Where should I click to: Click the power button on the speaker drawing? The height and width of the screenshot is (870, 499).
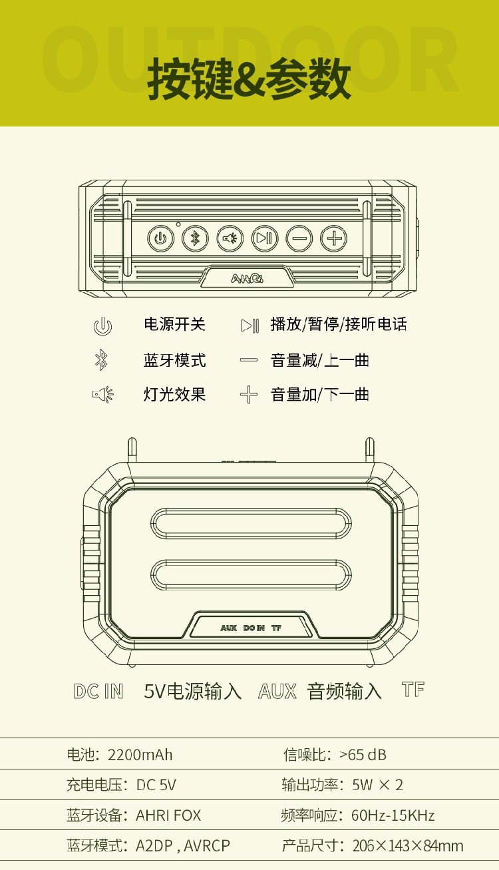[160, 238]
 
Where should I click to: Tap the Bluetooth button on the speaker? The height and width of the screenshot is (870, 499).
[195, 238]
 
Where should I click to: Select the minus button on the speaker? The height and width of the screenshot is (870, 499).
[299, 238]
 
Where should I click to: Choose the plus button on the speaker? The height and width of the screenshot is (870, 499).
[334, 238]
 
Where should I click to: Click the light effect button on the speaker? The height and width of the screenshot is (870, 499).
[230, 238]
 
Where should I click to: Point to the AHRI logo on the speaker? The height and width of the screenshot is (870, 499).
[247, 278]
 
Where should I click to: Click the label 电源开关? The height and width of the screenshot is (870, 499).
[175, 325]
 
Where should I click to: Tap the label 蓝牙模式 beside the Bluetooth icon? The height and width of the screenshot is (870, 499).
[175, 361]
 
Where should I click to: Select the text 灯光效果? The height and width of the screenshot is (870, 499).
[175, 395]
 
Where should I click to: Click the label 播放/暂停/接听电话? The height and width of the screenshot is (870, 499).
[338, 325]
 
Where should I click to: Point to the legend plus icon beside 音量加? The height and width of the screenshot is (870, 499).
[248, 395]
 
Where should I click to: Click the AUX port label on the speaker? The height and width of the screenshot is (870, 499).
[228, 628]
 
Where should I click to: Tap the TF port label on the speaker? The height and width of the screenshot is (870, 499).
[276, 628]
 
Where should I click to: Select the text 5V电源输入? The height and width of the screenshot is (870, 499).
[193, 692]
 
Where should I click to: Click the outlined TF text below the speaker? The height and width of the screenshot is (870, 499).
[413, 690]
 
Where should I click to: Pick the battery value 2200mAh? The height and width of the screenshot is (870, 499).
[140, 754]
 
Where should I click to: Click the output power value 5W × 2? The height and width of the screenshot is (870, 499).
[377, 785]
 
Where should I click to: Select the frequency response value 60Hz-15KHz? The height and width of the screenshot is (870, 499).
[393, 815]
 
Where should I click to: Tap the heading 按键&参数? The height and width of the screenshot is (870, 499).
[249, 79]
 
